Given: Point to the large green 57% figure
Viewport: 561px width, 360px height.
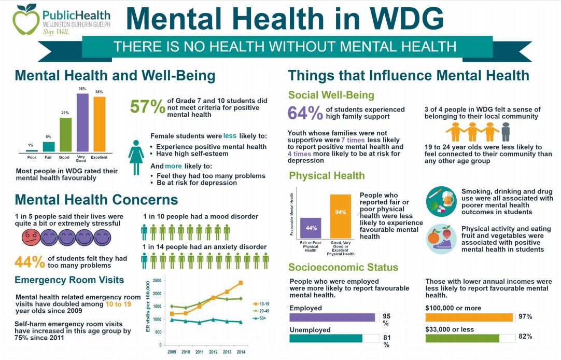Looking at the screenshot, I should coord(147,107).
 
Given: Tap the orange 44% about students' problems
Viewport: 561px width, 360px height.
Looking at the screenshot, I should coord(30,262).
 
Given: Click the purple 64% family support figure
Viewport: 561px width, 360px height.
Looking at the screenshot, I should coord(305,113).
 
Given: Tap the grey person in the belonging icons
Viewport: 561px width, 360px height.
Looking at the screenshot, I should coord(506,132).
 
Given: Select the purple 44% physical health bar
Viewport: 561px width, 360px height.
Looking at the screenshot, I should coord(310,228).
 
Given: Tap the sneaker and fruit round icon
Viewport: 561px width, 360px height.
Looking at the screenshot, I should coord(440,239).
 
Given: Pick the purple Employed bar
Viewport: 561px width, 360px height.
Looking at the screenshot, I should coord(332,317).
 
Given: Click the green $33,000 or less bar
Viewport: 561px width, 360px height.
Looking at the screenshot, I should coord(462,338).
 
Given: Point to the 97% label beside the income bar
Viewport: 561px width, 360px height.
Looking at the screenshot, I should coord(525,316).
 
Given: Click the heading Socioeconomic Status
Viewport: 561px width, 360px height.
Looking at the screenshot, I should coord(343,268).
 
